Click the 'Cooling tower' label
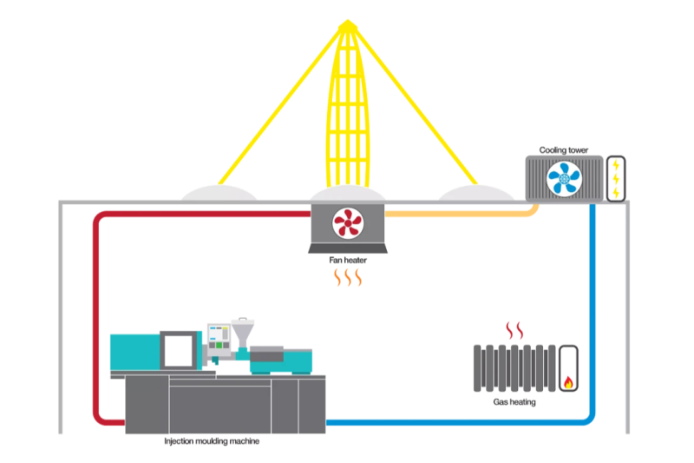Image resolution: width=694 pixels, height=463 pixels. coord(563,150)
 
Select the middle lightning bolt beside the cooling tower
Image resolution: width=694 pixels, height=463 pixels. coord(616,178)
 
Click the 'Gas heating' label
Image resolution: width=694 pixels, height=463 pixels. coord(514,403)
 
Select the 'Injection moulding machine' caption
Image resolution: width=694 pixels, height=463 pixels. coord(212,441)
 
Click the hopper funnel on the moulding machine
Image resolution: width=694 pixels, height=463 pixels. coord(242,331)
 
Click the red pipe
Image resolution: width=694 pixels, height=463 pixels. coord(95,313)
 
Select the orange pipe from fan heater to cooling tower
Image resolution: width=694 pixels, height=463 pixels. coord(460,212)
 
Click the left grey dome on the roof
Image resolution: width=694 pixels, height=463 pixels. coord(219,192)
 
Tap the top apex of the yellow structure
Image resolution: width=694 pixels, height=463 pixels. coord(347,23)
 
